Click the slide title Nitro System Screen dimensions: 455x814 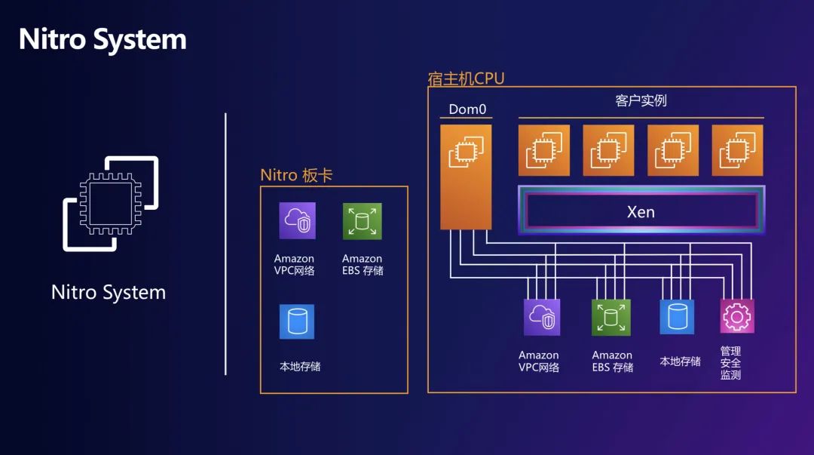click(103, 39)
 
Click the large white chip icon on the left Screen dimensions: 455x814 click(111, 203)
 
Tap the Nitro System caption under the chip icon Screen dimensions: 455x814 click(109, 293)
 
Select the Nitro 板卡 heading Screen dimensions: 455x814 click(296, 175)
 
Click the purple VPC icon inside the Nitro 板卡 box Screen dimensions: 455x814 click(297, 221)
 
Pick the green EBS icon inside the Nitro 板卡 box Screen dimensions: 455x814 click(362, 221)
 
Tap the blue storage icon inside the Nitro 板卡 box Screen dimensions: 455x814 click(296, 321)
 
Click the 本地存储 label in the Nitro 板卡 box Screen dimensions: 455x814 click(300, 367)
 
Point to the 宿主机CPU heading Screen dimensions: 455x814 click(466, 78)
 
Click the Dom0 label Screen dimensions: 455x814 click(467, 109)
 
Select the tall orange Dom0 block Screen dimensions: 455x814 click(466, 177)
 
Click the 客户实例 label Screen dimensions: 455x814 click(641, 101)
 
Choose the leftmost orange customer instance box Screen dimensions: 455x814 click(543, 150)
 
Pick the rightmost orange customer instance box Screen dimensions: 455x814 click(737, 150)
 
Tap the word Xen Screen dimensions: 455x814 click(641, 212)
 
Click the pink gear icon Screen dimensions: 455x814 click(737, 317)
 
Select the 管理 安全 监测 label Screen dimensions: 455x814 click(730, 363)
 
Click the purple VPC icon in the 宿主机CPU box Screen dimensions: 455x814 click(542, 317)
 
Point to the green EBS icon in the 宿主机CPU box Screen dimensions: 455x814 click(611, 317)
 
